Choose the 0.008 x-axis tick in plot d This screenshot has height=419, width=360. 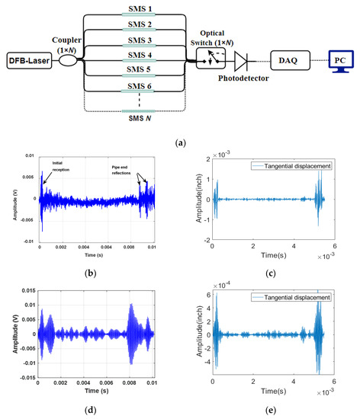pos(132,382)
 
